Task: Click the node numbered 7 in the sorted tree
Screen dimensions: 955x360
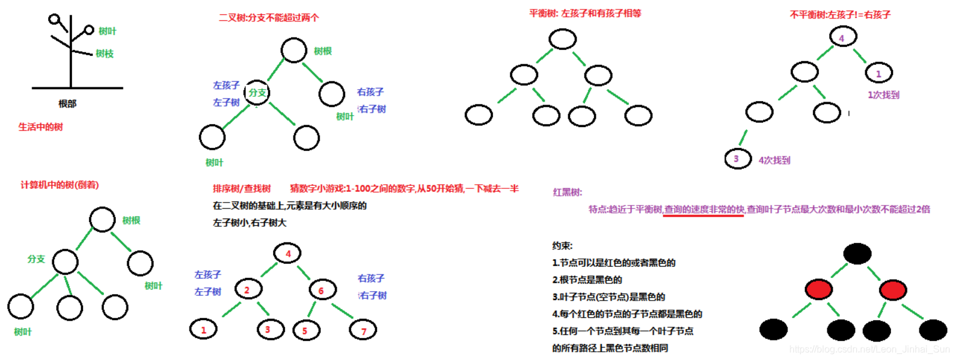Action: click(x=363, y=330)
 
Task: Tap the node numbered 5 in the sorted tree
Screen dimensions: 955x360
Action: click(x=306, y=330)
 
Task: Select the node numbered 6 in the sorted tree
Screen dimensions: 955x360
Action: click(x=322, y=290)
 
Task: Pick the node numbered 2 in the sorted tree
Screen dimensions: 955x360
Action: click(x=248, y=289)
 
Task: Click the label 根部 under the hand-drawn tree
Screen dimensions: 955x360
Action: click(x=67, y=103)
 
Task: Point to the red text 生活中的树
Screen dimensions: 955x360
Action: click(x=40, y=127)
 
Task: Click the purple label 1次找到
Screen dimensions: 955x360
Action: click(x=883, y=94)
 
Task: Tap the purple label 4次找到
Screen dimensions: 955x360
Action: click(x=774, y=160)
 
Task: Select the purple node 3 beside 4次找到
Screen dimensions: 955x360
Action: click(x=738, y=159)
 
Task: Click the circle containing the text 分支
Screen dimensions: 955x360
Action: click(x=257, y=93)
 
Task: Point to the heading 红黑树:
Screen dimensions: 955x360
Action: click(x=567, y=192)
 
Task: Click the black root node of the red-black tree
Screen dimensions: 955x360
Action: click(x=857, y=254)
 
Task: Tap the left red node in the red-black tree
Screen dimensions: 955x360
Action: click(x=818, y=290)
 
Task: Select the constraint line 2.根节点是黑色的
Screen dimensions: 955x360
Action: click(x=587, y=279)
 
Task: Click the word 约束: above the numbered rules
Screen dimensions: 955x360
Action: click(x=562, y=245)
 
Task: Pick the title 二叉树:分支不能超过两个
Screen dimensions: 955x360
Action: click(x=268, y=17)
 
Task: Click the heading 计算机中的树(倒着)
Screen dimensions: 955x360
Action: click(x=59, y=185)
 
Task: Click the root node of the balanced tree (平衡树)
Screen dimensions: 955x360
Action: click(x=562, y=39)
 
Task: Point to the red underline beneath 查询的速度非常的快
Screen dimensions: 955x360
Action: click(x=703, y=216)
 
